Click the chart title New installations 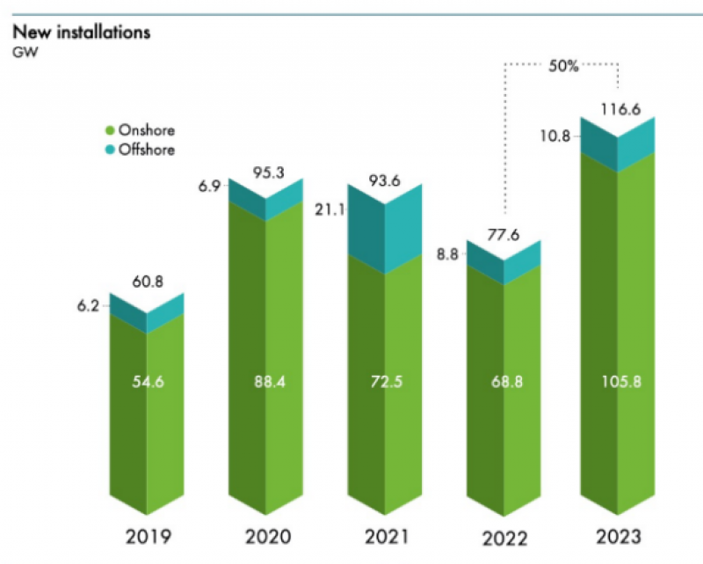click(x=81, y=33)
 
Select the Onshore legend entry click(x=140, y=130)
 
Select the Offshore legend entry click(x=141, y=150)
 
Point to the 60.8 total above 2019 click(x=147, y=282)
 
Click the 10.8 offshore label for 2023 click(x=559, y=136)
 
